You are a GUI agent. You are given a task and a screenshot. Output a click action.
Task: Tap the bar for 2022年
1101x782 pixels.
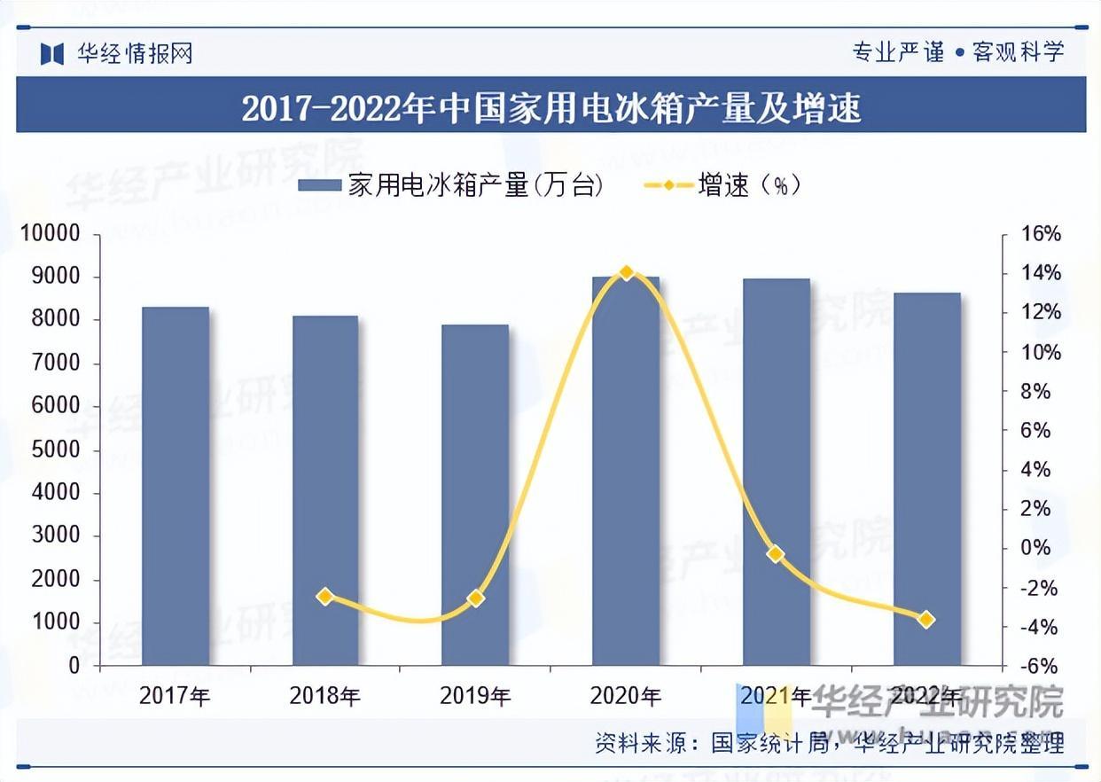[x=926, y=479]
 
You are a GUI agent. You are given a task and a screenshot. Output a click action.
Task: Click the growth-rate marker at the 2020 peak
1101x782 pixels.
[x=626, y=272]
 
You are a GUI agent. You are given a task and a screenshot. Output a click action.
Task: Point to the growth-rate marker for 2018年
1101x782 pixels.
[x=325, y=597]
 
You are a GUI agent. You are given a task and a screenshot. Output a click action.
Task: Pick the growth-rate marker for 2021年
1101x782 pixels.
[x=777, y=554]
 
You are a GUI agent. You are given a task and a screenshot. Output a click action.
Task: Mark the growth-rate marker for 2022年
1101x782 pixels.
[x=926, y=620]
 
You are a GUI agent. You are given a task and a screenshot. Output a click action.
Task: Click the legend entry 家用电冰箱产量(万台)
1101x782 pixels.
[x=451, y=185]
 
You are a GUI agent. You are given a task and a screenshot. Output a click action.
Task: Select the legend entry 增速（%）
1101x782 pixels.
[x=722, y=185]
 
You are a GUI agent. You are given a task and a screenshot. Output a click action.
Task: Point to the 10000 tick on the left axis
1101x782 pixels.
[x=51, y=234]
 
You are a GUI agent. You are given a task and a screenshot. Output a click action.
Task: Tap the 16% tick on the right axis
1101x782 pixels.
[x=1041, y=234]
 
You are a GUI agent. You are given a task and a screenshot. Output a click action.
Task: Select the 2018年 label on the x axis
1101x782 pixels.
[x=324, y=697]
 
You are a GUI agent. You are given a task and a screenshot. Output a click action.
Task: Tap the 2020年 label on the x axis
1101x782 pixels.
[x=626, y=697]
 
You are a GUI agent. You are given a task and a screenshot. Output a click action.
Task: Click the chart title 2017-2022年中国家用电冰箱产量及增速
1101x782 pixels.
[x=550, y=108]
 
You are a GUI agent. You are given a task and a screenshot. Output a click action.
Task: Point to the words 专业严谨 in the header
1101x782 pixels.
[x=898, y=51]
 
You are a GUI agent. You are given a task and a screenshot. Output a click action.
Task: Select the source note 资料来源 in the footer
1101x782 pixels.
[x=829, y=744]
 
